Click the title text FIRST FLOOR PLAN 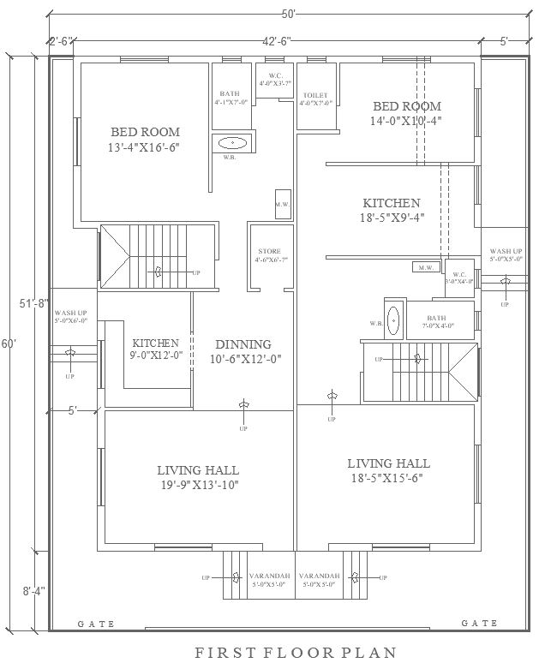click(x=296, y=652)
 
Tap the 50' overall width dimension click(x=288, y=15)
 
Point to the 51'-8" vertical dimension click(x=27, y=302)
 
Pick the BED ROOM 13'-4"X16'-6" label click(x=145, y=140)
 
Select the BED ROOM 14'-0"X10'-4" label click(x=407, y=114)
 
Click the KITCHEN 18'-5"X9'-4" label click(x=392, y=210)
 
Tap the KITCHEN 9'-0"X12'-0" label click(x=155, y=349)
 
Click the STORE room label click(x=269, y=255)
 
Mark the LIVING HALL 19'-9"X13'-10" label click(x=198, y=477)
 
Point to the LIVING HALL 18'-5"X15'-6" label click(x=387, y=470)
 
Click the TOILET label click(x=315, y=99)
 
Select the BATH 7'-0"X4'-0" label click(x=437, y=321)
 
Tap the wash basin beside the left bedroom click(x=231, y=143)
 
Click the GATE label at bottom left click(x=96, y=624)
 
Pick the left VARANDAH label click(x=269, y=579)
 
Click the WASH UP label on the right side click(x=506, y=254)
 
